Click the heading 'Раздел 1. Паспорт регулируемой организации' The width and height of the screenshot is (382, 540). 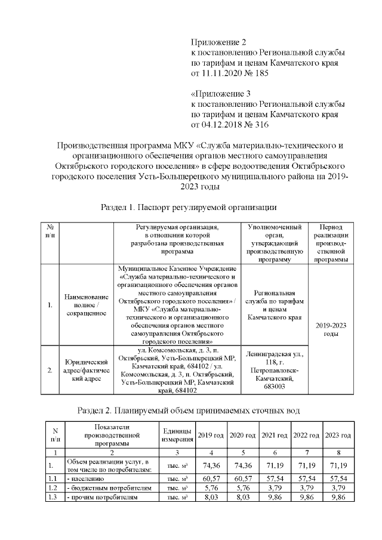[190, 207]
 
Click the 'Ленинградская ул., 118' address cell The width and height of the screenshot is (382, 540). [274, 370]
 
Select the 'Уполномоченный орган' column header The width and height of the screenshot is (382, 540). [274, 243]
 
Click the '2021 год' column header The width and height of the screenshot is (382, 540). [275, 436]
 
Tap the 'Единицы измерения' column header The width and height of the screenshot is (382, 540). [177, 436]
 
